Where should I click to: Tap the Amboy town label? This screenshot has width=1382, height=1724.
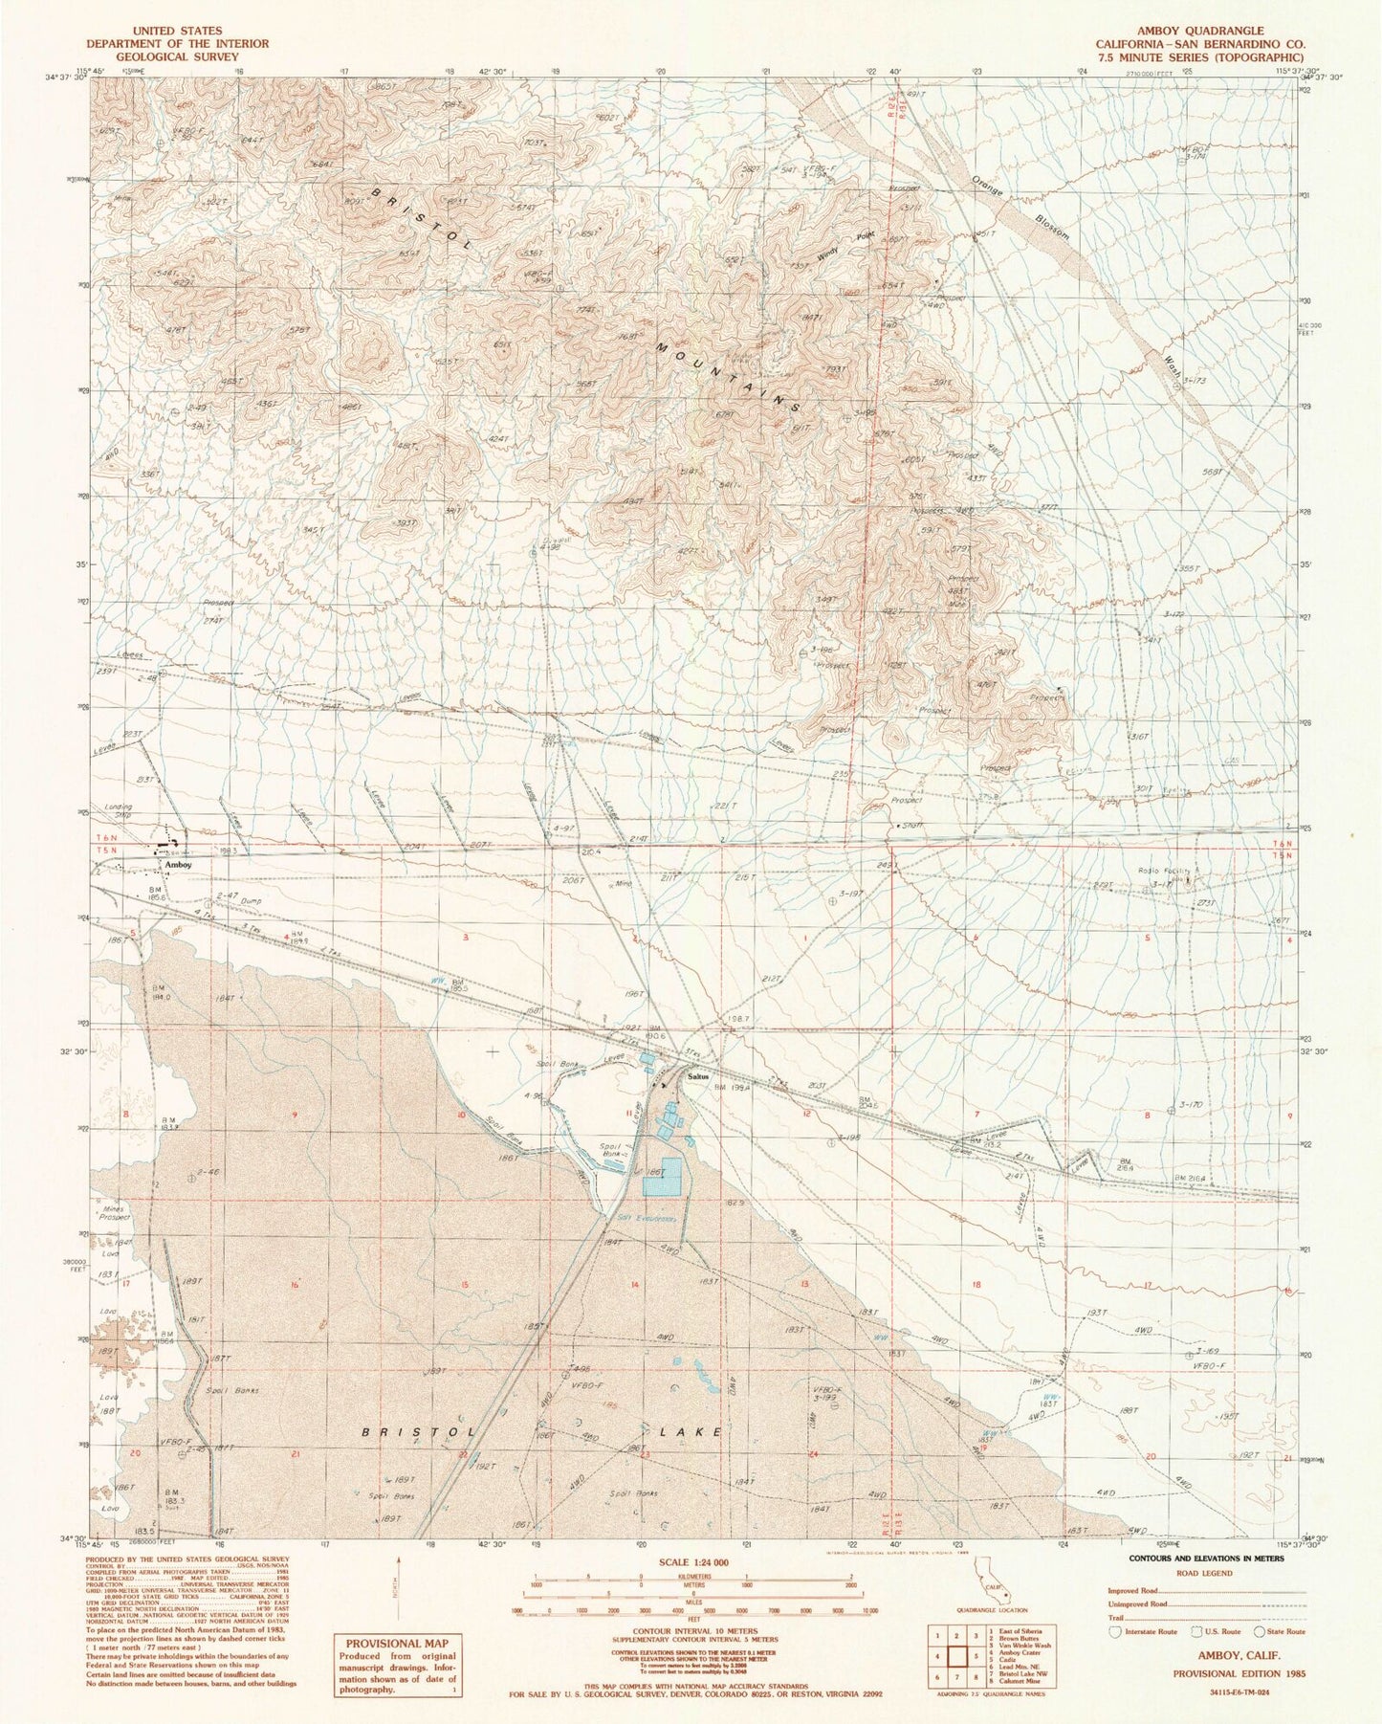point(178,865)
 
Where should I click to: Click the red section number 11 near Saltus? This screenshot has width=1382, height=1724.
point(628,1115)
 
